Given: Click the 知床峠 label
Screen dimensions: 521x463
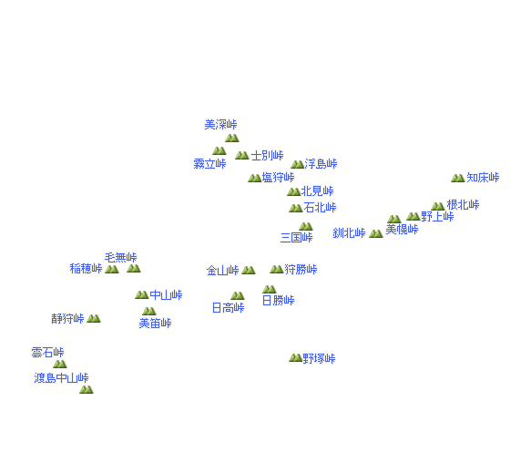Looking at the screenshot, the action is (483, 178).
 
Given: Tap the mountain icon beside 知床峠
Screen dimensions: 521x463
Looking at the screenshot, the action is (457, 178).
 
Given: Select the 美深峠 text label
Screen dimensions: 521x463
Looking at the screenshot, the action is (220, 125).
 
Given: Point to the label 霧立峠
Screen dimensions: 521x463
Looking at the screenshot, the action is (209, 163).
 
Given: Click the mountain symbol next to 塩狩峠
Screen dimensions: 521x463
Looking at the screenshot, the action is (254, 178).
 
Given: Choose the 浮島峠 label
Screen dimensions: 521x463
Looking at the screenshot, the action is (321, 163).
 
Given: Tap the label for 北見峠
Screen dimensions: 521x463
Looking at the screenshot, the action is (317, 191).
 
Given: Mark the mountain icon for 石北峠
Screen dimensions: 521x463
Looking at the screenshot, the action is (295, 208).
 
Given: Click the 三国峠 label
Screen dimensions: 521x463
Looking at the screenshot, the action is (296, 237).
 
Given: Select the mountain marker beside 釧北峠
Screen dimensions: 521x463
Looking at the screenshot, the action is (376, 233).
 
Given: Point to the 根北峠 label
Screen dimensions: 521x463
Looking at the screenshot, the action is (463, 205).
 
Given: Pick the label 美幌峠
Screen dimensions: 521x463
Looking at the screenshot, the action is (402, 230).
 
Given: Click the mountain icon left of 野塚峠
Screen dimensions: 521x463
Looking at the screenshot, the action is (295, 357).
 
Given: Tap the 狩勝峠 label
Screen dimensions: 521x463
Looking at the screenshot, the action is (301, 269).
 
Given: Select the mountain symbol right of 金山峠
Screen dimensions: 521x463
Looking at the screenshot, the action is (249, 270).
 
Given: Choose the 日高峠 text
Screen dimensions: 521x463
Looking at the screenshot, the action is (229, 308).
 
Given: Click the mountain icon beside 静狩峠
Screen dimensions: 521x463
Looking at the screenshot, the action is (94, 319).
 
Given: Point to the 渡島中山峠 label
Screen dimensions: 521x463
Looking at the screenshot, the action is (61, 378).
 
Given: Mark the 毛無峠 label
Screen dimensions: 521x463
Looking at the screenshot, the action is (120, 257).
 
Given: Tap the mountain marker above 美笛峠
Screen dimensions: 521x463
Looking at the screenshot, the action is (148, 311).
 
